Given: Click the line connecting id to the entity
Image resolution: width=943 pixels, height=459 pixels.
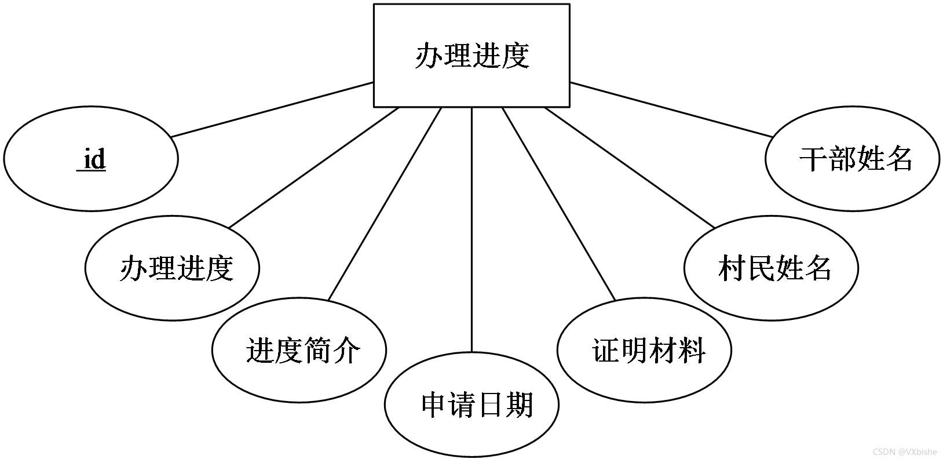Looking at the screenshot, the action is [x=272, y=110].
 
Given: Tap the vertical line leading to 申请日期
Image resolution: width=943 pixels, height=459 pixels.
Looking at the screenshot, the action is [x=471, y=230].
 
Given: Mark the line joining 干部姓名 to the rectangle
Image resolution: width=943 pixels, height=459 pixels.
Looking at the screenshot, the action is [x=671, y=110].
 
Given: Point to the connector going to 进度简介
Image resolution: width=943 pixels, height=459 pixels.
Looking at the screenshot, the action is [x=385, y=204].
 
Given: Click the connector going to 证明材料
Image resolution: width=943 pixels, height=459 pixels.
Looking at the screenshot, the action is [x=558, y=204].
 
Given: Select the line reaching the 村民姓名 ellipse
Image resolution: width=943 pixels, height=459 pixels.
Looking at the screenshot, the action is [x=630, y=167].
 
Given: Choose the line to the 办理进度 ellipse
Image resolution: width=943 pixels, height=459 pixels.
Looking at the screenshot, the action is [x=313, y=167].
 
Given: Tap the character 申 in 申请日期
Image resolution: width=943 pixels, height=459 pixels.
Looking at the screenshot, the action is [x=435, y=405].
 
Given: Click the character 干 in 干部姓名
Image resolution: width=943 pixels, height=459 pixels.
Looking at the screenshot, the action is [x=813, y=159].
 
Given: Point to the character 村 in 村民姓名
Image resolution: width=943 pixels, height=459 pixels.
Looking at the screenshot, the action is [x=732, y=268].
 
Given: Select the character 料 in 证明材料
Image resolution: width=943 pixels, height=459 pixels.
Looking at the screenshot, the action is [x=692, y=350].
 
